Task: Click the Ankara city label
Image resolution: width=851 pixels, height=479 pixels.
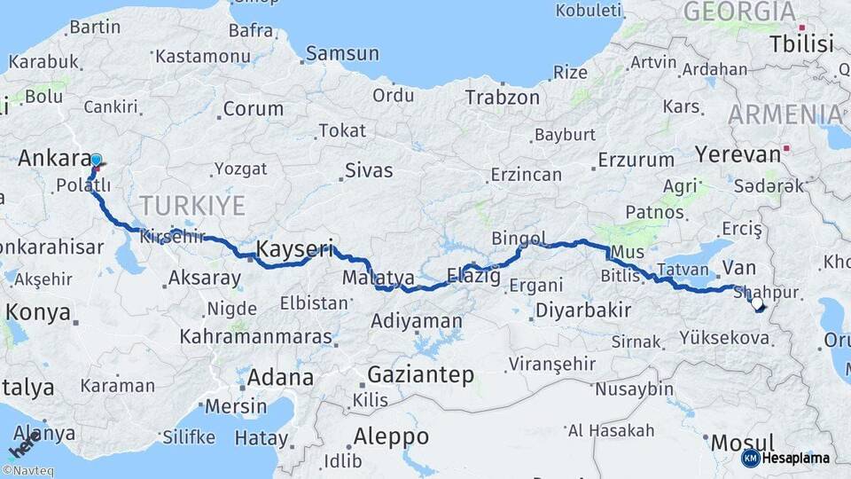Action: pos(52,159)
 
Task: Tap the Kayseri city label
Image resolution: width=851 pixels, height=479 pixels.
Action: pos(294,247)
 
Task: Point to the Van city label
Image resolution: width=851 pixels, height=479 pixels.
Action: pos(738,266)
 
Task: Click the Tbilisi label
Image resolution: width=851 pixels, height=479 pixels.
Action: pos(801,43)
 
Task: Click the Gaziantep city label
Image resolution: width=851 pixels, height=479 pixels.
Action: pos(421,374)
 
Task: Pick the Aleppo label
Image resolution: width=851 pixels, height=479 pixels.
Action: pos(391,436)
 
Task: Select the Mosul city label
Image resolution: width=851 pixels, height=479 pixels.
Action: pos(743,442)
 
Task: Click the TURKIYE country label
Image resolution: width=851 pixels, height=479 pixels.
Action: pos(191,206)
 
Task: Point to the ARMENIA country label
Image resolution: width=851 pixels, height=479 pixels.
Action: pos(786,114)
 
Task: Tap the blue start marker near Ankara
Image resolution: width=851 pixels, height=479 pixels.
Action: pos(96,161)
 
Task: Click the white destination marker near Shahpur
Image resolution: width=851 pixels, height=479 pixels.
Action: pos(756,304)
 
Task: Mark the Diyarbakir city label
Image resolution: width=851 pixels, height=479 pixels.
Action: pos(582,310)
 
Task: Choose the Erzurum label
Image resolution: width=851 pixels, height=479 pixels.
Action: pos(636,161)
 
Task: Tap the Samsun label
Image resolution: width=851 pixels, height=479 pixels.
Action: pos(342,54)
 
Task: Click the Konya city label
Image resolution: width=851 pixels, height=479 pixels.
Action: pos(38,312)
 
